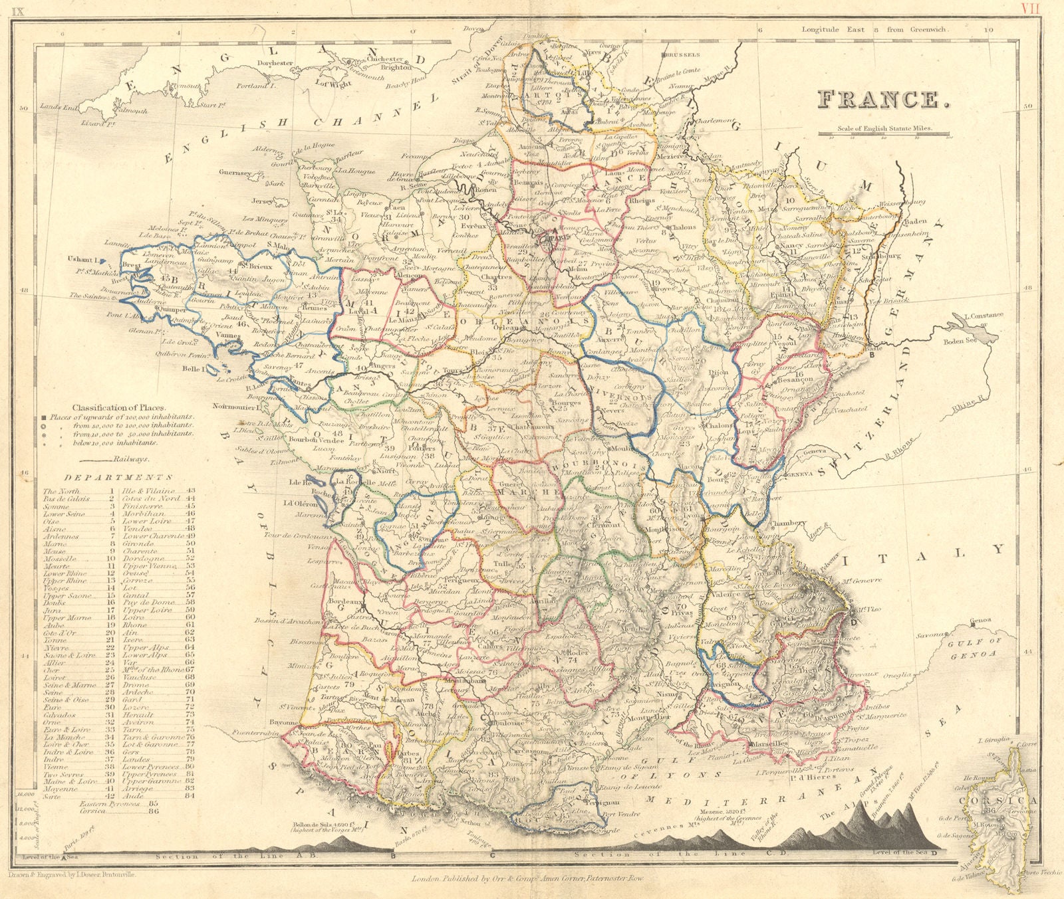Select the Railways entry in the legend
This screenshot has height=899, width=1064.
[x=132, y=458]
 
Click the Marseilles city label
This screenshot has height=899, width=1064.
[x=769, y=744]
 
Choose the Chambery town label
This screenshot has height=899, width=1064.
[x=791, y=523]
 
